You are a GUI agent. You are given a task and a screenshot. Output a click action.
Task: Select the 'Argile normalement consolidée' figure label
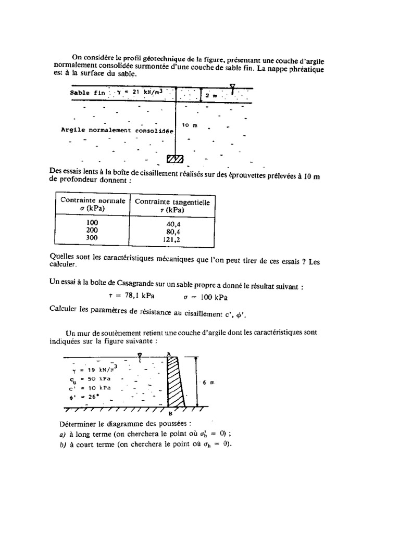pos(117,130)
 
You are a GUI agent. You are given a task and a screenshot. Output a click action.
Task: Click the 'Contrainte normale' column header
pos(93,200)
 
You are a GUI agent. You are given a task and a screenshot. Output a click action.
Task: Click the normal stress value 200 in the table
pos(92,230)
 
